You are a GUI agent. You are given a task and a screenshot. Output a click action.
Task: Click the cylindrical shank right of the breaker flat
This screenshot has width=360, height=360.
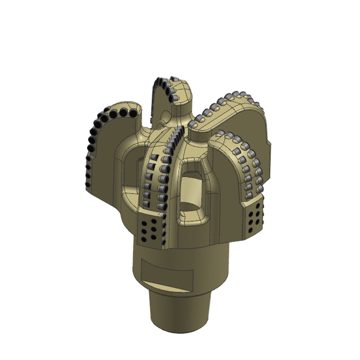point(211,270)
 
